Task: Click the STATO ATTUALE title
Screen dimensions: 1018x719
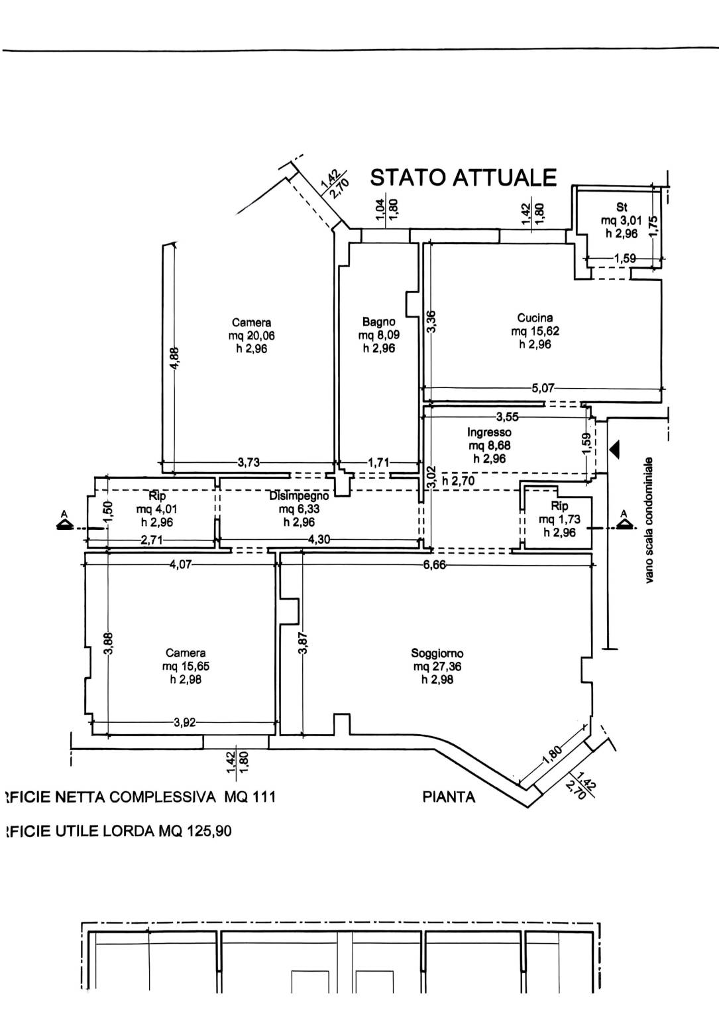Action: click(463, 178)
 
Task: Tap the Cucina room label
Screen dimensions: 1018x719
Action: click(535, 318)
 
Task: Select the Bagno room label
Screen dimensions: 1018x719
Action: click(379, 322)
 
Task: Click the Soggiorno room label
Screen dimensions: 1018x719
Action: click(437, 653)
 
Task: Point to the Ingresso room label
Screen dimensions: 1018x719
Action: click(489, 432)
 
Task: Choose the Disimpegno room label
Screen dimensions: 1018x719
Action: click(299, 496)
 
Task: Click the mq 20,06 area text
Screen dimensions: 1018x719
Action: click(252, 336)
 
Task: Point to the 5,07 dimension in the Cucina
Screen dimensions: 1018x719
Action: click(543, 388)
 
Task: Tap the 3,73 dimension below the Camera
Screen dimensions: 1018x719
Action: click(249, 463)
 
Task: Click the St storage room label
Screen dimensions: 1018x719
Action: click(622, 208)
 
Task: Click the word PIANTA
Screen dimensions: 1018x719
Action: click(449, 797)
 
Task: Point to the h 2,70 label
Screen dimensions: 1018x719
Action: click(458, 481)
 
